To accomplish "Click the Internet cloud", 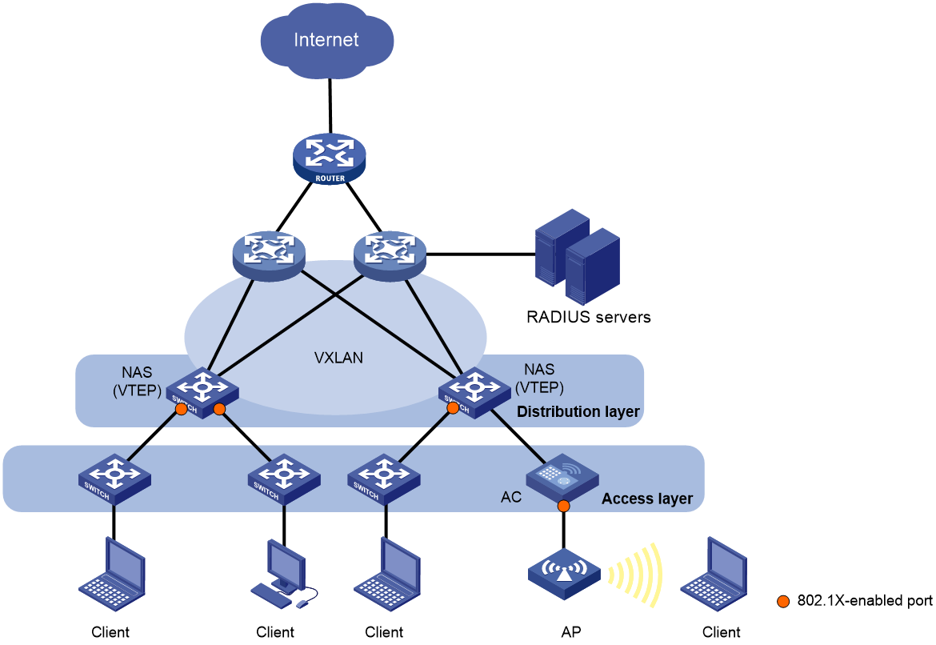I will tap(326, 41).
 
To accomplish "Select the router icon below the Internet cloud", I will tap(329, 158).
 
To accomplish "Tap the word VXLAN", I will tap(338, 358).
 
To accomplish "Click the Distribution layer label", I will tap(578, 412).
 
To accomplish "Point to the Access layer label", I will tap(646, 499).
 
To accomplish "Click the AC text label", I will tap(510, 497).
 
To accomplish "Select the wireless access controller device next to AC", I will tap(562, 478).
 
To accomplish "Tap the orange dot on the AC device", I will tap(563, 506).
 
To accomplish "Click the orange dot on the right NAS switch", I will tap(453, 407).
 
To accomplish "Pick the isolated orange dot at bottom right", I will tap(783, 601).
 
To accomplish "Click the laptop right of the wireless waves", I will tap(713, 574).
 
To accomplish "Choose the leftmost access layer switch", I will tap(114, 478).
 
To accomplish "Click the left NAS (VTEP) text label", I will tap(137, 381).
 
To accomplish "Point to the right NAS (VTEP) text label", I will tap(539, 378).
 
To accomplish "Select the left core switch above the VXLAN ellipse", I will tap(268, 255).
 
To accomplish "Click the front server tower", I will tap(592, 266).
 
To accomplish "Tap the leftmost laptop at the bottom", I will tap(112, 574).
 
